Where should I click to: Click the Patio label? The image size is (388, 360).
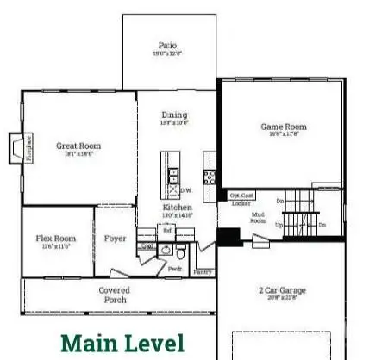[x=168, y=45]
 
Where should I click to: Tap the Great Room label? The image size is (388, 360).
[x=74, y=146]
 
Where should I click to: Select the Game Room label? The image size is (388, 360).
[x=283, y=127]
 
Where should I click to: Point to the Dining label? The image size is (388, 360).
[x=173, y=115]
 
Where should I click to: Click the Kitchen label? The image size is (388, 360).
[x=178, y=208]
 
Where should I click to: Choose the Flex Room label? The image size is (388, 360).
[x=57, y=239]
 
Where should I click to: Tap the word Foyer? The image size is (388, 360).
[x=116, y=239]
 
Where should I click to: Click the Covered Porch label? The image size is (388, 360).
[x=114, y=295]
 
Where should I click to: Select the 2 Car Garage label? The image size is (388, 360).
[x=282, y=291]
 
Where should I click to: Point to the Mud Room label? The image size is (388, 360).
[x=258, y=218]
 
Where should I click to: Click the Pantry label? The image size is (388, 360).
[x=203, y=271]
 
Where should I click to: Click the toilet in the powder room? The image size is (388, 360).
[x=181, y=253]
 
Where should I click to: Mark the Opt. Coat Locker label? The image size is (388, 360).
[x=241, y=199]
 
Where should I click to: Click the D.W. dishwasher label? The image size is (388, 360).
[x=185, y=190]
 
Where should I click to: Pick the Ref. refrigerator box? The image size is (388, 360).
[x=169, y=231]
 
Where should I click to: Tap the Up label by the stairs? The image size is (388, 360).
[x=278, y=224]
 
